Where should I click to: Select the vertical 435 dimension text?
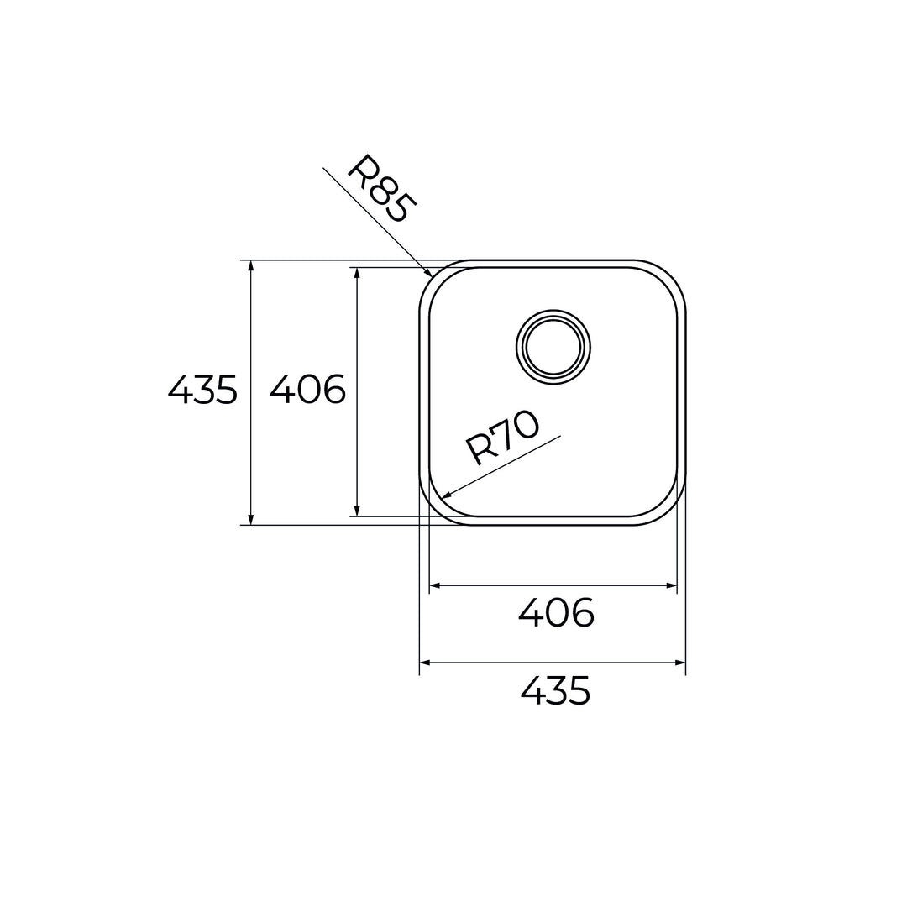tap(202, 390)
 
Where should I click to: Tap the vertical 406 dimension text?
tap(307, 390)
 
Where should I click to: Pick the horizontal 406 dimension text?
tap(556, 613)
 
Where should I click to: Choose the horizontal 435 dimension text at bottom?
tap(555, 690)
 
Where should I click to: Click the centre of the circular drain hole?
tap(553, 347)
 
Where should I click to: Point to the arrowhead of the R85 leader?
tap(428, 272)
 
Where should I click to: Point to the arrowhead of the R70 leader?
tap(445, 494)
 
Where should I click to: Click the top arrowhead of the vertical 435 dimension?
tap(250, 265)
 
